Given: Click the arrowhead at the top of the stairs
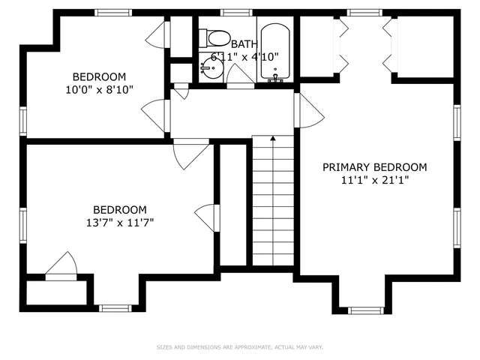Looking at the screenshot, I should pyautogui.click(x=273, y=139).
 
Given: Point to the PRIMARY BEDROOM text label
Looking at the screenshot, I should pyautogui.click(x=374, y=167).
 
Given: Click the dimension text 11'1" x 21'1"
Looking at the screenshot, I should pyautogui.click(x=374, y=180).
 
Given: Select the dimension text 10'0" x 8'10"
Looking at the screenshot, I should pyautogui.click(x=99, y=90).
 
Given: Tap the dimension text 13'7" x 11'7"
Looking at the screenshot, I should pyautogui.click(x=120, y=223).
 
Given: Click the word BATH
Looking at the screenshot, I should pyautogui.click(x=244, y=44).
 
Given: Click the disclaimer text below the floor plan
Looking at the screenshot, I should pyautogui.click(x=239, y=347).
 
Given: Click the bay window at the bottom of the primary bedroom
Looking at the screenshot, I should pyautogui.click(x=366, y=309).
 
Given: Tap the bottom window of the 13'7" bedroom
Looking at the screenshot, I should pyautogui.click(x=115, y=307).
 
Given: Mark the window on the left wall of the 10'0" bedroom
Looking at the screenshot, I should pyautogui.click(x=23, y=120).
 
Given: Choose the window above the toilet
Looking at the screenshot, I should pyautogui.click(x=236, y=12).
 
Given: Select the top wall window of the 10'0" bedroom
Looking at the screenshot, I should pyautogui.click(x=112, y=12).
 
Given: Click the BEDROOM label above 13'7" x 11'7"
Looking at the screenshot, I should pyautogui.click(x=120, y=210).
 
